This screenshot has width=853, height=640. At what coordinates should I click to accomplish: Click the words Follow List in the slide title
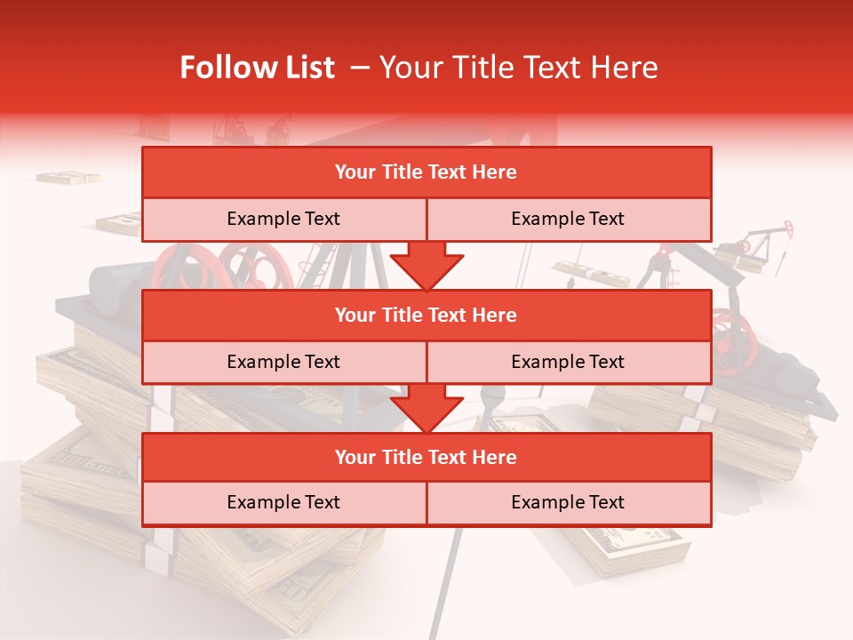[x=257, y=68]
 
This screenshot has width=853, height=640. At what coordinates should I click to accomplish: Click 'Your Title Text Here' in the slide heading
[x=518, y=68]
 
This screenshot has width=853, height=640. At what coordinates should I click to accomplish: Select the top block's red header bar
[x=426, y=172]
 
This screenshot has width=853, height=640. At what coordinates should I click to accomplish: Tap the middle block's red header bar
[x=426, y=315]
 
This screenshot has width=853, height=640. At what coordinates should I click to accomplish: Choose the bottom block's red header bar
[x=426, y=457]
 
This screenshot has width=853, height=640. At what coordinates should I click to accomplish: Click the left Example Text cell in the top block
[x=283, y=219]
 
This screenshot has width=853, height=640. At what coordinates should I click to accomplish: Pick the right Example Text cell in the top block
[x=568, y=219]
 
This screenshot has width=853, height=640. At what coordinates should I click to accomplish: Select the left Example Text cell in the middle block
[x=283, y=362]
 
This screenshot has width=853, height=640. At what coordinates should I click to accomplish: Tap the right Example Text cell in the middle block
[x=568, y=362]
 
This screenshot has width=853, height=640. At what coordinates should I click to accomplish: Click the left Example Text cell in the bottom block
[x=283, y=502]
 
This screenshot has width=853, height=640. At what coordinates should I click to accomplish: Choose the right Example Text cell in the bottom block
[x=568, y=502]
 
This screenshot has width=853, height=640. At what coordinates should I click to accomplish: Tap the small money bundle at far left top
[x=68, y=178]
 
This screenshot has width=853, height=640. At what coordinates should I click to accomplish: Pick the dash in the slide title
[x=361, y=68]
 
